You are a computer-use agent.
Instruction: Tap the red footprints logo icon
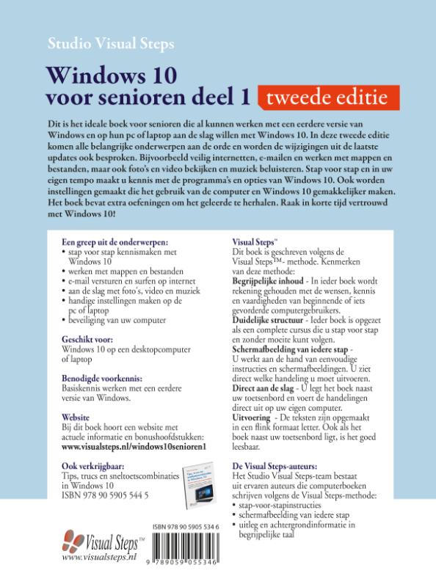[76, 544]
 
